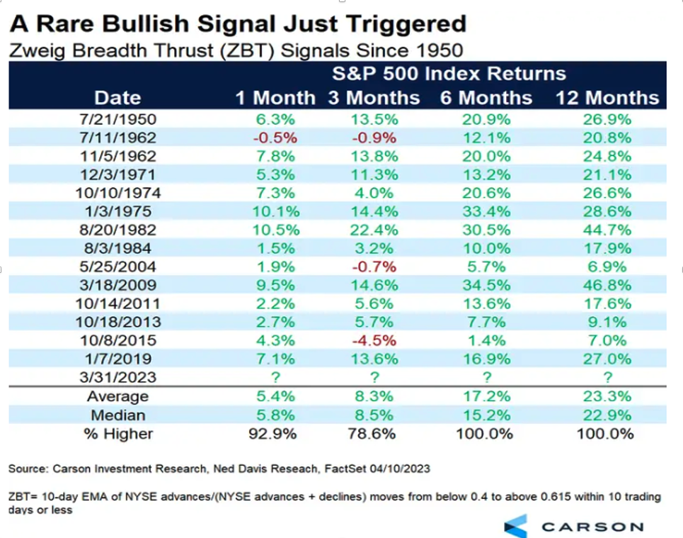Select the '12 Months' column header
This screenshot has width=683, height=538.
pyautogui.click(x=607, y=98)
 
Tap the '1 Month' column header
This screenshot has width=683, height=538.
pyautogui.click(x=275, y=98)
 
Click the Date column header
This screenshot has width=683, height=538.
pyautogui.click(x=117, y=98)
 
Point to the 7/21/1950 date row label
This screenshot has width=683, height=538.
pyautogui.click(x=117, y=119)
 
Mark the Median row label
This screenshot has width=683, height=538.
pyautogui.click(x=117, y=415)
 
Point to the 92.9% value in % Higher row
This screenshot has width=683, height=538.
pyautogui.click(x=275, y=433)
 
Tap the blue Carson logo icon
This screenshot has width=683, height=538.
pyautogui.click(x=516, y=526)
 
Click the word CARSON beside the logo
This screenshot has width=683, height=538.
pyautogui.click(x=592, y=527)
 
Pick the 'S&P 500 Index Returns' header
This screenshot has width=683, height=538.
pyautogui.click(x=449, y=74)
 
